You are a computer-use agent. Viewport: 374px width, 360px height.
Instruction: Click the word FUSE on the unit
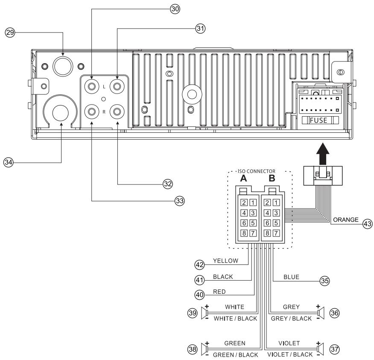319,120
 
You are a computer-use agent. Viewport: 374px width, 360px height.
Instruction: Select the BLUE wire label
291,277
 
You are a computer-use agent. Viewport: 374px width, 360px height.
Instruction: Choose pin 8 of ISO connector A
243,233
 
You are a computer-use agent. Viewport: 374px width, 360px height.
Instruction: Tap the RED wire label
219,293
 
